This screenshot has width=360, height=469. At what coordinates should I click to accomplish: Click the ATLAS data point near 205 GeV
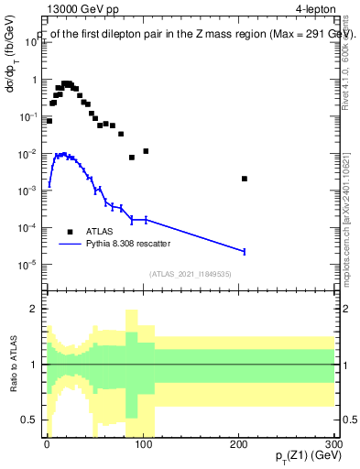click(244, 179)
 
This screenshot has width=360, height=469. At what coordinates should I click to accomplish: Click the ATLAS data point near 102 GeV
click(146, 151)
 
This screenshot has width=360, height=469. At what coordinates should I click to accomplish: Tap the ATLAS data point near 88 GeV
click(132, 158)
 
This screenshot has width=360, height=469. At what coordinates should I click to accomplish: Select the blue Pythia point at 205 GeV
click(244, 251)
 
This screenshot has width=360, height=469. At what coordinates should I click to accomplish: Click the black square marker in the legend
click(71, 232)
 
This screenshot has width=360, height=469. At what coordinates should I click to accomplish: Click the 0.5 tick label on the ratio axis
click(30, 420)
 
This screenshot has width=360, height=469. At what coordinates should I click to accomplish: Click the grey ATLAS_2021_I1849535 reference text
click(191, 273)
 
